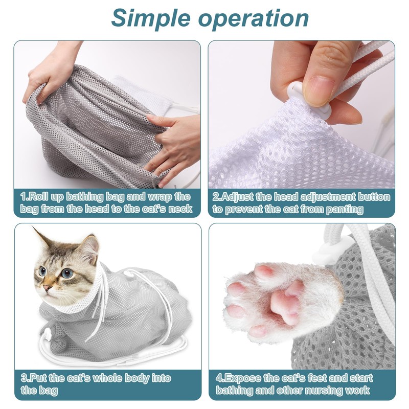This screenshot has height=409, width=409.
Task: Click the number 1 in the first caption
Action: click(24, 196)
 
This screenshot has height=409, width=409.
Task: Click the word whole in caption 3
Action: click(106, 378)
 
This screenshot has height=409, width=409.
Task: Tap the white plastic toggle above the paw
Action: click(331, 246)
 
